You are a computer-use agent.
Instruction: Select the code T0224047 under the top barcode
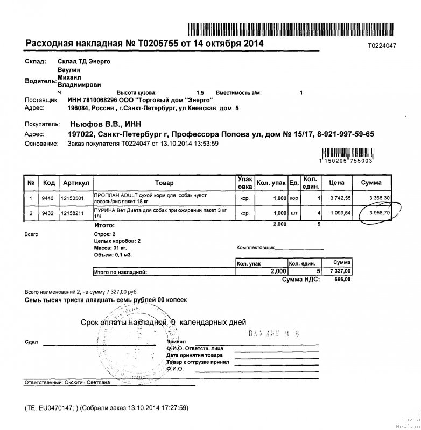(382, 46)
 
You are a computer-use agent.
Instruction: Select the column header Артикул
(75, 183)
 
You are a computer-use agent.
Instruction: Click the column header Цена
(336, 183)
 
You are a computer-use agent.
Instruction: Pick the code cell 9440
(48, 198)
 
